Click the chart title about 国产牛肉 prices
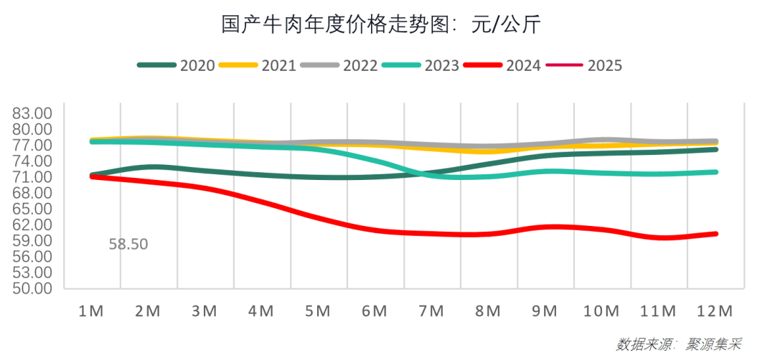(x=380, y=25)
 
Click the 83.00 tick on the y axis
(x=33, y=113)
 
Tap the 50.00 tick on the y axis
(x=33, y=288)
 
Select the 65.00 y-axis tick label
(x=33, y=209)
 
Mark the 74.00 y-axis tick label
(x=33, y=161)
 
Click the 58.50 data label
(x=128, y=245)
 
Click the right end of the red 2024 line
(x=716, y=234)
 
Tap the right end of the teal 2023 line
(x=716, y=172)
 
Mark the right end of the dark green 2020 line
(x=716, y=149)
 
